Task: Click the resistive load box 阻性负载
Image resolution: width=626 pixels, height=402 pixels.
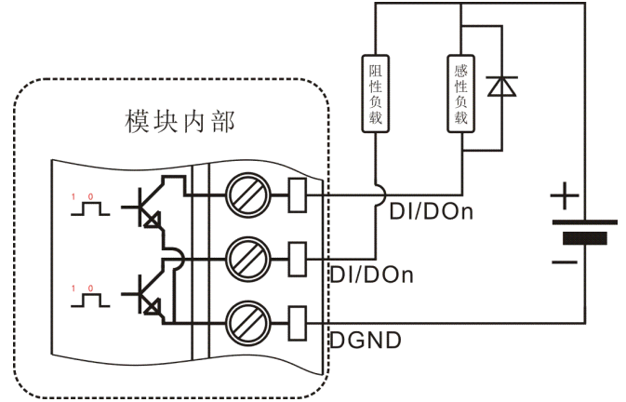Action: (376, 93)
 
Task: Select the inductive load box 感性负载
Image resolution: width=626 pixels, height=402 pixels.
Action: (462, 93)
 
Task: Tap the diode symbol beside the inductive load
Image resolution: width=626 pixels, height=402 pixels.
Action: (502, 87)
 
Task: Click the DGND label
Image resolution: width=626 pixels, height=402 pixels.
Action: (366, 341)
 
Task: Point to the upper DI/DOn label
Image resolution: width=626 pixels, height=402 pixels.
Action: (431, 212)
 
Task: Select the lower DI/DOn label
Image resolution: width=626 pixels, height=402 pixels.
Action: (372, 275)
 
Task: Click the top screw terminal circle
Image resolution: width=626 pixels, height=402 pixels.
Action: (248, 195)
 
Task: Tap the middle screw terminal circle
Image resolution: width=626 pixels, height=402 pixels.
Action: (248, 257)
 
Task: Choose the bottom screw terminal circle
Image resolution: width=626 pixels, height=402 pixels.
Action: (248, 320)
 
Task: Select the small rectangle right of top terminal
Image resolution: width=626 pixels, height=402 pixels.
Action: (299, 195)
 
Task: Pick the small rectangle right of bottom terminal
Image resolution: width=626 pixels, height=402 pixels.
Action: (299, 320)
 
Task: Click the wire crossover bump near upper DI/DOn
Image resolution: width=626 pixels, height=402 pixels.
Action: (376, 195)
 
